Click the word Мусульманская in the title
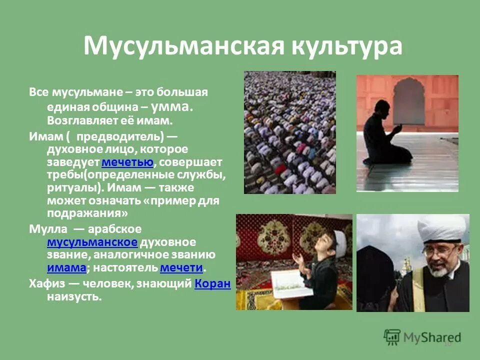178,46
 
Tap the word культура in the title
342,46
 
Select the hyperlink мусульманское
92,242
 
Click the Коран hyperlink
212,283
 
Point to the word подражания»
88,213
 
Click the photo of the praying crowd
289,132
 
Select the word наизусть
74,297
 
